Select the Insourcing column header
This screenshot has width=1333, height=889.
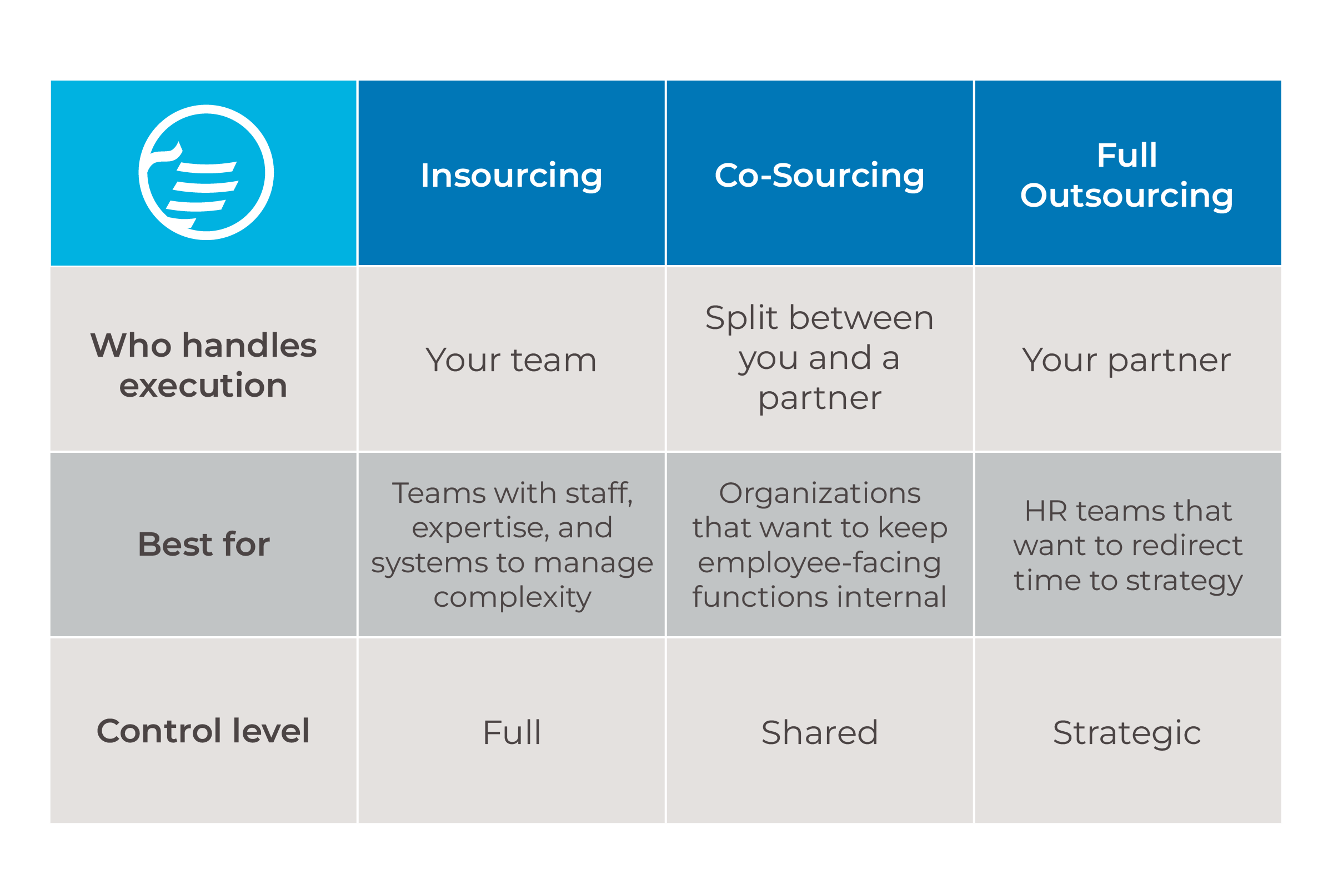tap(511, 176)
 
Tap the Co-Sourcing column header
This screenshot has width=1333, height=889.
tap(820, 176)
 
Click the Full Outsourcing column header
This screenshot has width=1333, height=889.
tap(1127, 175)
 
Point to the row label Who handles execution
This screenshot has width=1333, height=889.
tap(203, 365)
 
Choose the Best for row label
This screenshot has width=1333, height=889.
tap(203, 545)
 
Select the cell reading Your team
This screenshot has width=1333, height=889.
tap(511, 360)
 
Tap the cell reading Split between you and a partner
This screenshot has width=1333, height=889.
tap(820, 358)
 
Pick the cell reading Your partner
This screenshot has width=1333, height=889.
tap(1127, 361)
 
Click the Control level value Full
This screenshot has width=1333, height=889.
tap(512, 732)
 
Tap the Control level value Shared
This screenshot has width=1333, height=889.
tap(820, 732)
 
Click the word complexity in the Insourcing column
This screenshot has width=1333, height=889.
tap(512, 598)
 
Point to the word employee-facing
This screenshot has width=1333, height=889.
tap(820, 563)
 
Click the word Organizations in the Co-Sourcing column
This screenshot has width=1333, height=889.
tap(820, 494)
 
